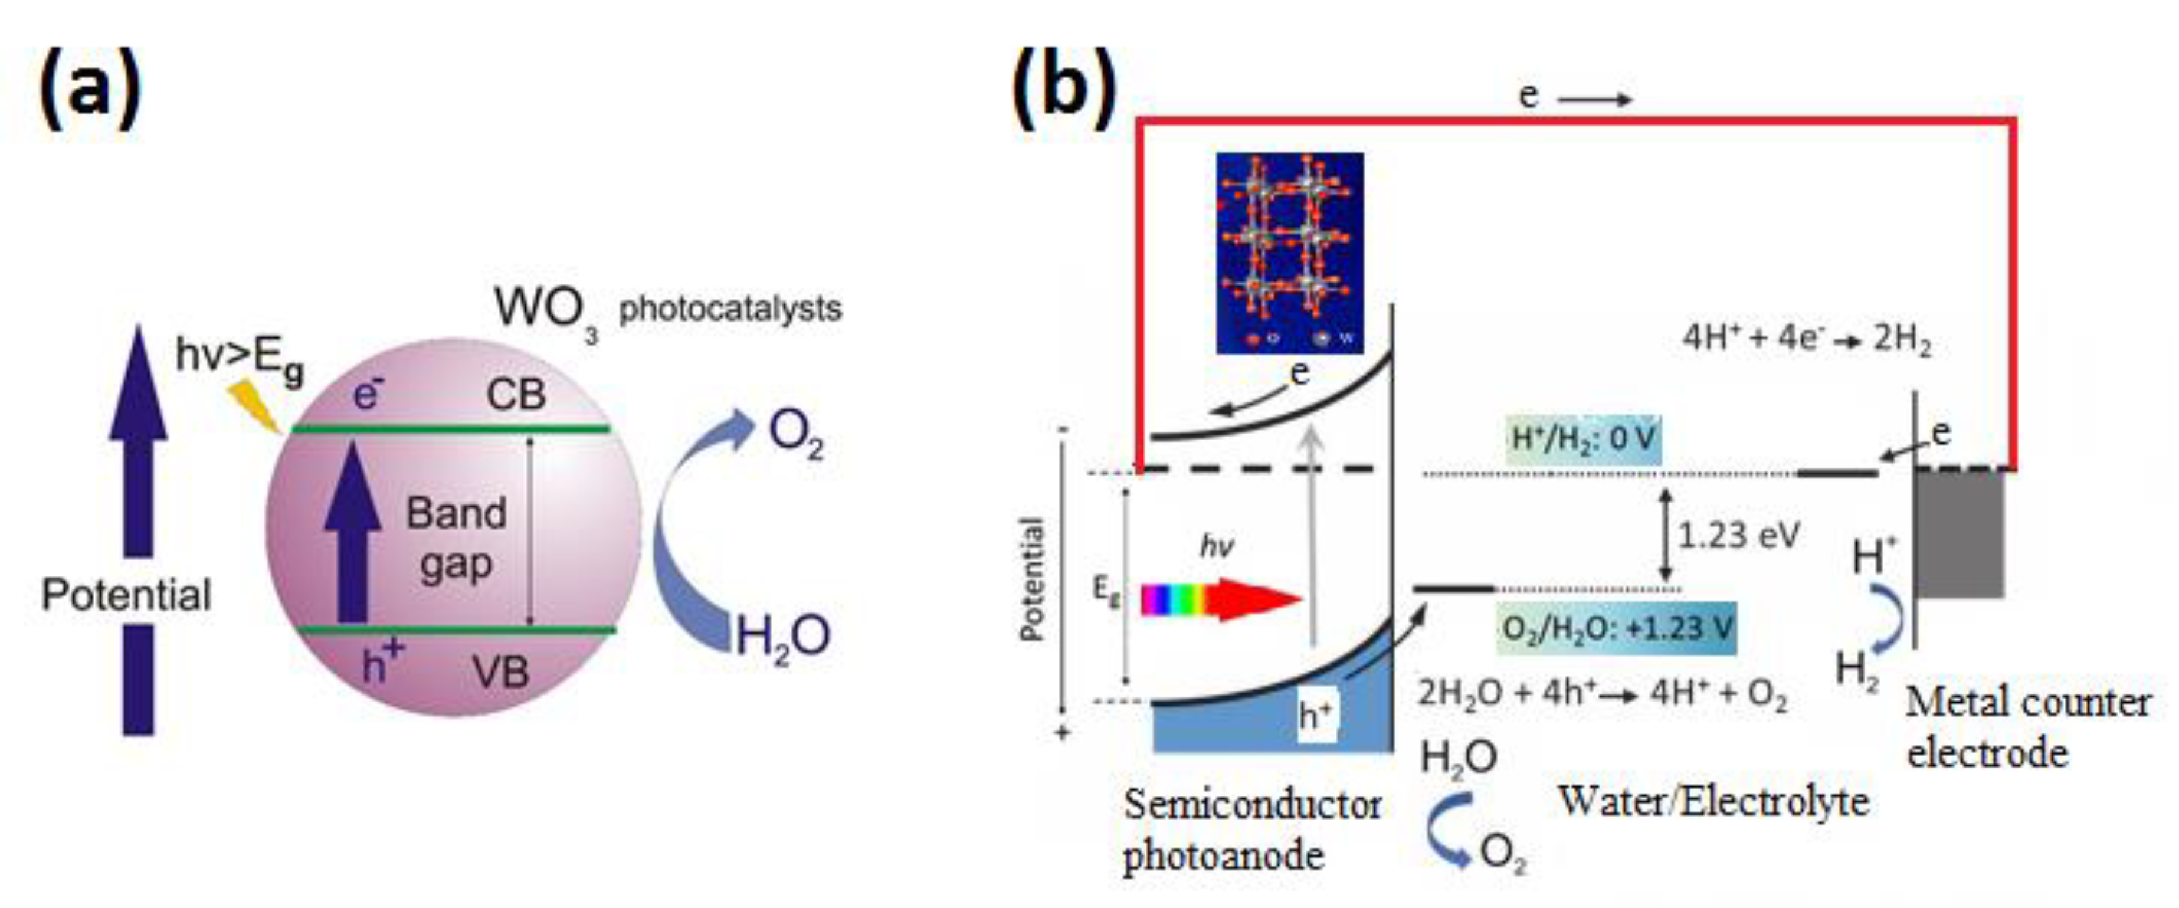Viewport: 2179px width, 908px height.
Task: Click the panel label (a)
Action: (90, 88)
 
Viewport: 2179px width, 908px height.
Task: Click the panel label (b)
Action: (1063, 88)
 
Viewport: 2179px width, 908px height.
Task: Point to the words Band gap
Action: (457, 537)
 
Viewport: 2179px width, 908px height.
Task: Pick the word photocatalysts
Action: (730, 309)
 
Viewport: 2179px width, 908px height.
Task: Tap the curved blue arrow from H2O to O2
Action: (689, 524)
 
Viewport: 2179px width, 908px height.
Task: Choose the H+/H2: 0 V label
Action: (1582, 439)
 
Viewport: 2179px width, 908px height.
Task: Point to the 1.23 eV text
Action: (1738, 535)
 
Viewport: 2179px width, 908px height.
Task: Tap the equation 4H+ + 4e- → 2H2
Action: (1806, 339)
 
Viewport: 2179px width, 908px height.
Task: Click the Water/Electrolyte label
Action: (1713, 801)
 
